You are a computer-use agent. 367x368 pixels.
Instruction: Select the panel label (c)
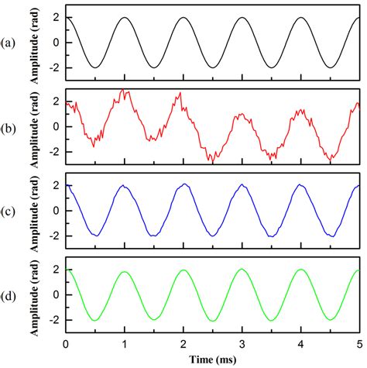[x=11, y=210]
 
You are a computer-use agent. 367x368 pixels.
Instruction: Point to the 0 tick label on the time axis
[x=66, y=343]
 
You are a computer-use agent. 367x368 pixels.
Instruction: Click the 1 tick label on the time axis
[x=125, y=343]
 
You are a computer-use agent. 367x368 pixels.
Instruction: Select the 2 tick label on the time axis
[x=183, y=343]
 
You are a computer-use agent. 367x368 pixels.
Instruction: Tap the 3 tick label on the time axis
[x=242, y=343]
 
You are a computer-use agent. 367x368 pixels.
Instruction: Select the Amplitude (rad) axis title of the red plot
[x=35, y=126]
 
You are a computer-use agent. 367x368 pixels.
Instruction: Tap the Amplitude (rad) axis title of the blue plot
[x=35, y=210]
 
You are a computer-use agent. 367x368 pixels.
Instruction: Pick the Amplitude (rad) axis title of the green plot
[x=35, y=294]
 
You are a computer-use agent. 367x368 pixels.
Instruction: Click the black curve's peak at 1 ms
[x=125, y=19]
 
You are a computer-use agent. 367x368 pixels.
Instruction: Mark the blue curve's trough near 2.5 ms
[x=213, y=236]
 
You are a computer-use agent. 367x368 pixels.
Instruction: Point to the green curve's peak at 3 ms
[x=242, y=270]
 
